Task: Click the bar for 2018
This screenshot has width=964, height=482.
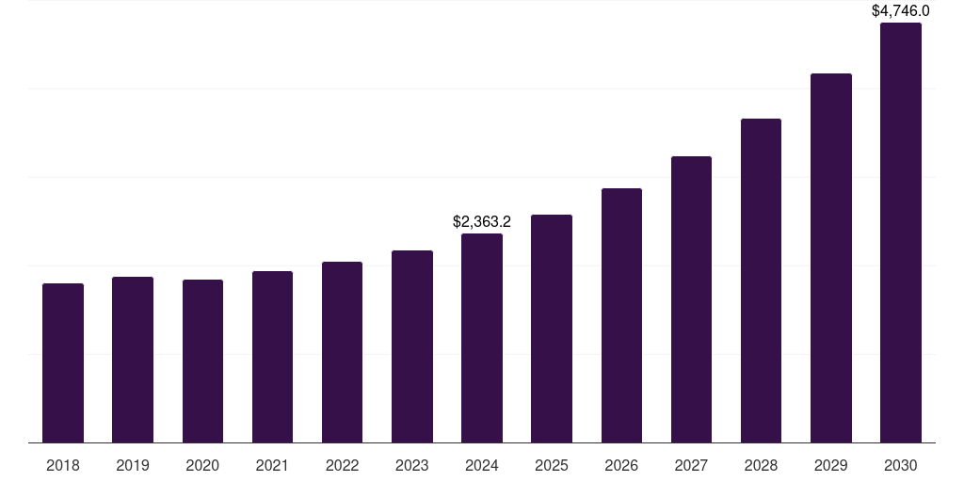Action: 63,362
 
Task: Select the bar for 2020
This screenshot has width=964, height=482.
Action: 202,361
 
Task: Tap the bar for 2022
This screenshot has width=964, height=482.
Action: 342,352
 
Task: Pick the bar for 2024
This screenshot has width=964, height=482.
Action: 482,338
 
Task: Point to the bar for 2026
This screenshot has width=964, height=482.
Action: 621,315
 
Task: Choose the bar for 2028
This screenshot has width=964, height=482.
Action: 761,281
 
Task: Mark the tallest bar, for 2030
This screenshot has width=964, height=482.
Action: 901,233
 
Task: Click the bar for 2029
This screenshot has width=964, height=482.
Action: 831,258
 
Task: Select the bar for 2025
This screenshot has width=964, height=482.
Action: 552,329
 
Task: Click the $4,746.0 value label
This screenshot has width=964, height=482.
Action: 901,11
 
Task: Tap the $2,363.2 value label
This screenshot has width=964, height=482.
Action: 482,222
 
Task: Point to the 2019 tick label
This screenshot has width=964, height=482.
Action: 133,465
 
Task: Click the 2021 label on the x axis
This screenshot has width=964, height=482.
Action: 272,465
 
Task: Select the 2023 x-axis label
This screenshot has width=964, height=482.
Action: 412,465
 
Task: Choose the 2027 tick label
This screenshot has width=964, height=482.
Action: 691,465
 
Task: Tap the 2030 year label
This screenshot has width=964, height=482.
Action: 901,465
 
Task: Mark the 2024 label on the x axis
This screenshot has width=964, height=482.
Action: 482,465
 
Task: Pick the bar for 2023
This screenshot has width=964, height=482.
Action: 412,346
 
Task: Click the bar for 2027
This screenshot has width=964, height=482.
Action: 691,299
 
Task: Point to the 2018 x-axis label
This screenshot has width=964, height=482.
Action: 63,465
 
